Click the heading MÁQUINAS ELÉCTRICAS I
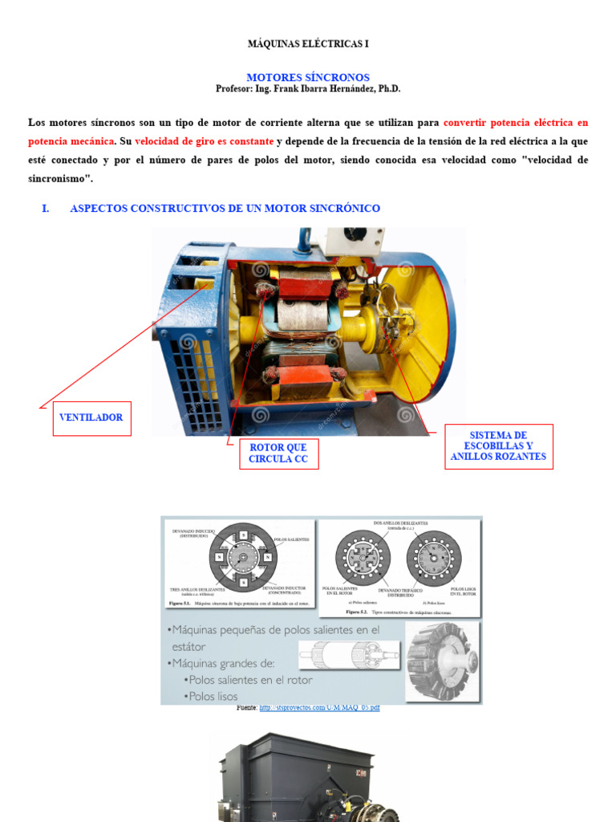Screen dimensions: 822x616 (x=307, y=43)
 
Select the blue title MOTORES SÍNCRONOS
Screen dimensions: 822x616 (x=307, y=77)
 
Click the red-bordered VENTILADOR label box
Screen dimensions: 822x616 (x=91, y=418)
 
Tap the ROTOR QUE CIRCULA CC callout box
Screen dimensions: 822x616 (x=278, y=454)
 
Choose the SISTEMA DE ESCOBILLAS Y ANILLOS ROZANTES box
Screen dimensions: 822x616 (x=498, y=446)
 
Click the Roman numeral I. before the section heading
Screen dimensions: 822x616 (x=45, y=209)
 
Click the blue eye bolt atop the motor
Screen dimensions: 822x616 (x=305, y=238)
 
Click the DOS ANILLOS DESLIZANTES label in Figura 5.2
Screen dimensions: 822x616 (x=400, y=523)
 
